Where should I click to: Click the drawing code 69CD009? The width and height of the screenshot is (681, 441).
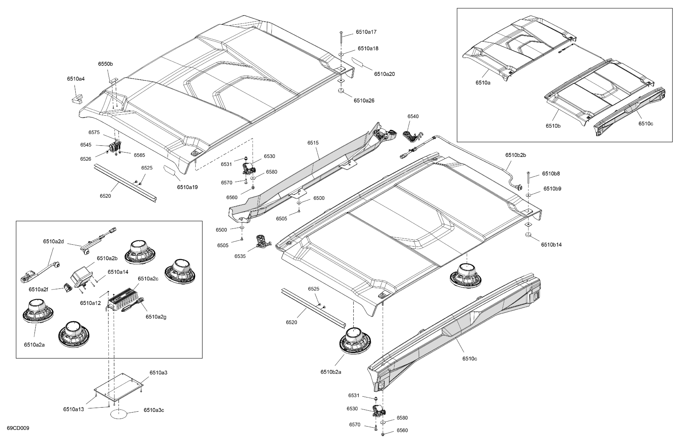click(x=18, y=428)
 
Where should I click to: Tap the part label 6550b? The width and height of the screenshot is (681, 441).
click(x=105, y=64)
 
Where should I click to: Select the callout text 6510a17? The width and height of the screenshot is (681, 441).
click(x=366, y=32)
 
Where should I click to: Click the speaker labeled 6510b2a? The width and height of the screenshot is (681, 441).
click(x=355, y=341)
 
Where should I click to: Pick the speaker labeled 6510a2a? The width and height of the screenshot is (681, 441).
click(x=38, y=311)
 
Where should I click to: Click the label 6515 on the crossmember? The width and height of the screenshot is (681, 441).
click(x=313, y=143)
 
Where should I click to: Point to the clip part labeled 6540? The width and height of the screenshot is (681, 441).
click(x=412, y=136)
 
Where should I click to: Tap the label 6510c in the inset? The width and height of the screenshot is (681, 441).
click(x=646, y=124)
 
